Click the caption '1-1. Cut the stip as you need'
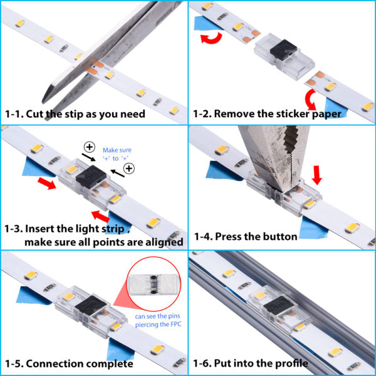click(x=75, y=114)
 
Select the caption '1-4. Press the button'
click(x=246, y=236)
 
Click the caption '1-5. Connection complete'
click(x=69, y=363)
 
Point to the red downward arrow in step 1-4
click(x=318, y=174)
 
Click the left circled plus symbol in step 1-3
click(x=90, y=148)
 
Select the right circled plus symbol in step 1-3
click(x=129, y=169)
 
